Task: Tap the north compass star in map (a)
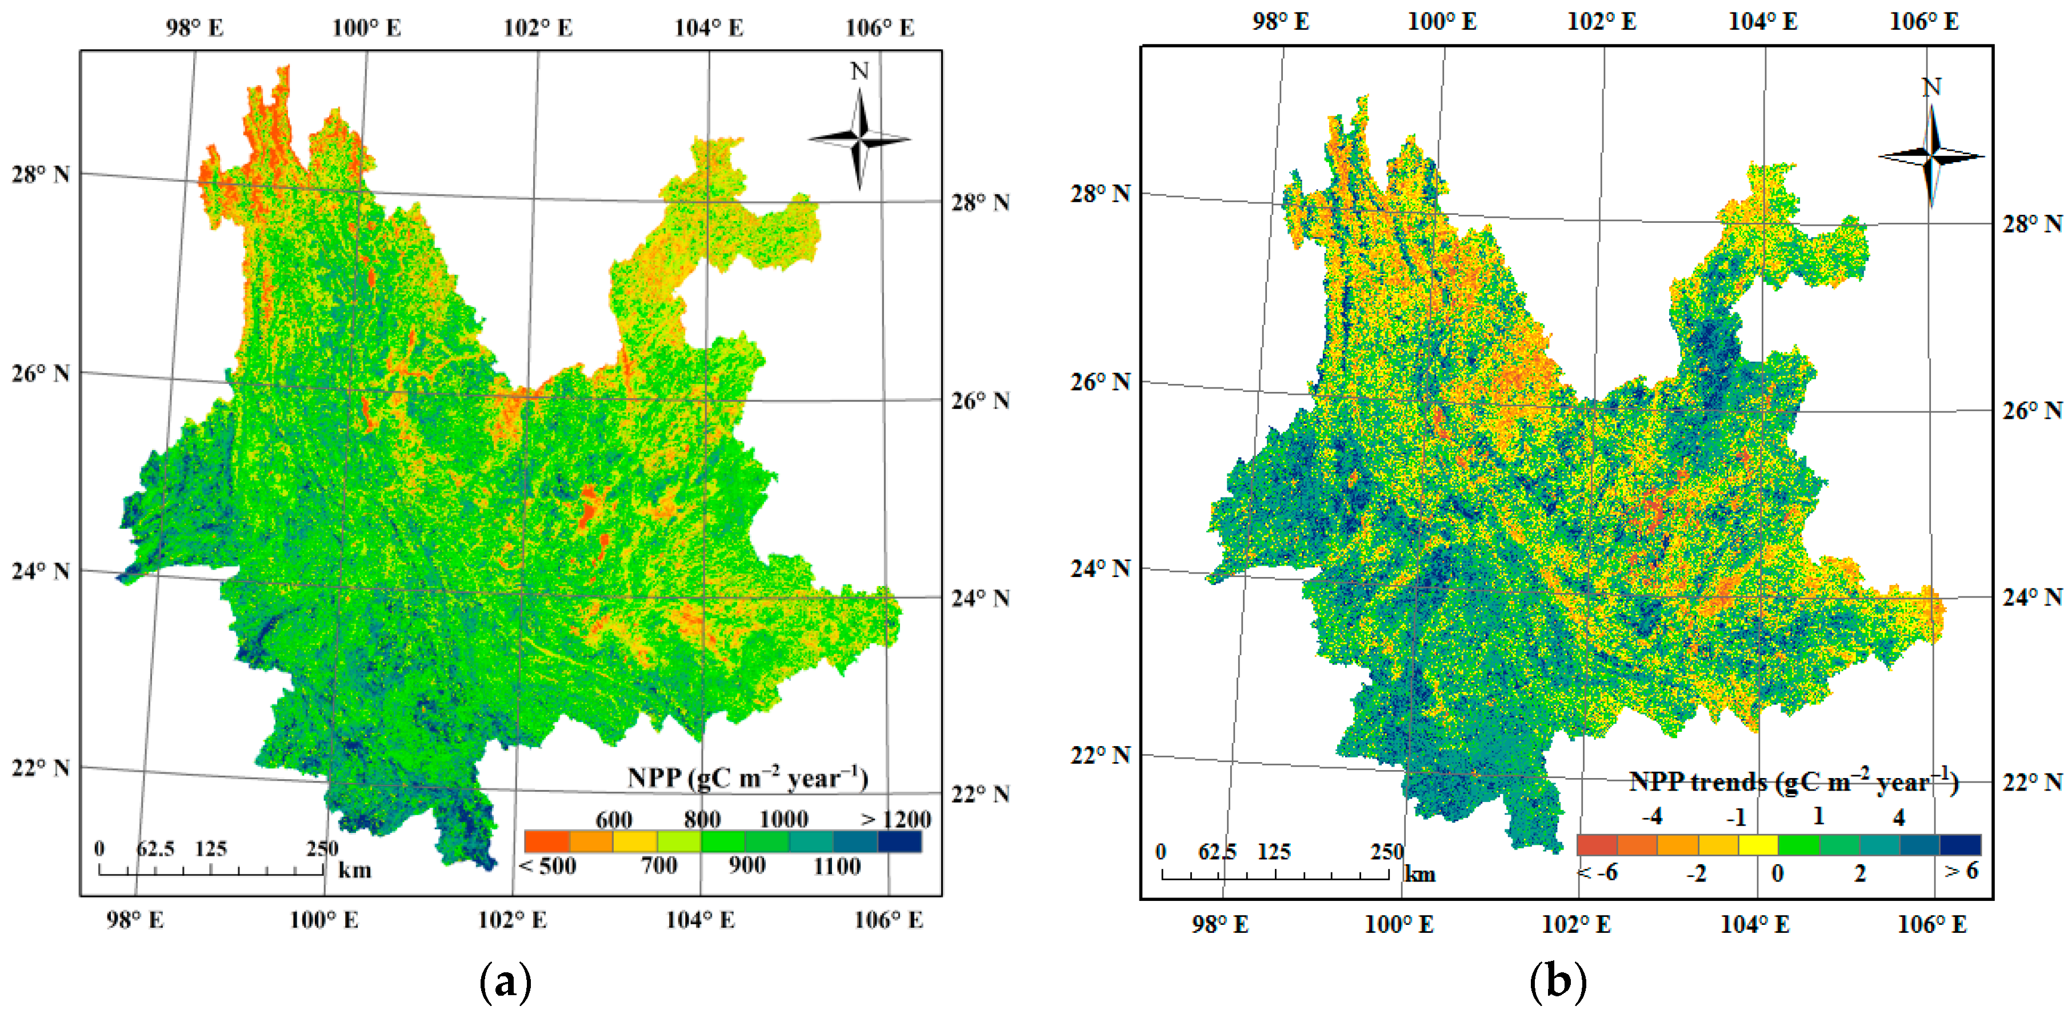[x=860, y=139]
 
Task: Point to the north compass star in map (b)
[x=1931, y=155]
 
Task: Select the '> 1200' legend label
[x=895, y=819]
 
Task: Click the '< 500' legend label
[x=548, y=866]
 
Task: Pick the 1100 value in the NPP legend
[x=837, y=866]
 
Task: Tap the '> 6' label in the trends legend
[x=1961, y=871]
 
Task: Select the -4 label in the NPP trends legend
[x=1651, y=817]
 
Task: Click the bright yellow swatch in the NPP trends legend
[x=1758, y=845]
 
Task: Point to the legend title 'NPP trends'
[x=1794, y=781]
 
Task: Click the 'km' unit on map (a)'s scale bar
[x=355, y=870]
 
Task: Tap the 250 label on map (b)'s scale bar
[x=1387, y=852]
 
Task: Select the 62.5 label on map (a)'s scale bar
[x=155, y=848]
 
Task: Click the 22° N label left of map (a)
[x=40, y=768]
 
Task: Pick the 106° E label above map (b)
[x=1924, y=22]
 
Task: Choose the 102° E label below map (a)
[x=513, y=920]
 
